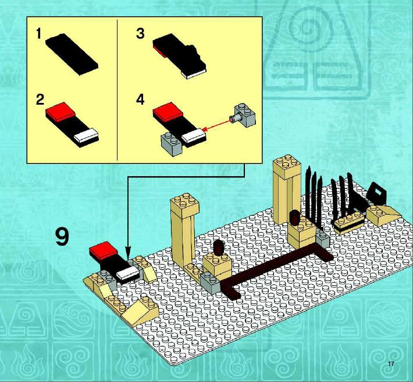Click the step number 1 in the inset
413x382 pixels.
coord(39,34)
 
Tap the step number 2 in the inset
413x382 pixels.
coord(40,100)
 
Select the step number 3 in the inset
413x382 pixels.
coord(140,34)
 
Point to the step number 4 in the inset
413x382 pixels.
coord(140,100)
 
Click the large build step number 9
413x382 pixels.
coord(62,237)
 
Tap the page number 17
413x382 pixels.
coord(391,364)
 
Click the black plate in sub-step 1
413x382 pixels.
coord(72,54)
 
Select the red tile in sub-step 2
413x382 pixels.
coord(60,112)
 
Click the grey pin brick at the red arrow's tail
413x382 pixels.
coord(243,115)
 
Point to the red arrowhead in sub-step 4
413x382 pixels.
coord(205,129)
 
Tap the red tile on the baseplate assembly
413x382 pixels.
coord(104,250)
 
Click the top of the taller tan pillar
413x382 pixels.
coord(287,163)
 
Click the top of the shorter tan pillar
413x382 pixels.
coord(185,202)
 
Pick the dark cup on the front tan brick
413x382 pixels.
coord(219,248)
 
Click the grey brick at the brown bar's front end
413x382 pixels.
coord(210,283)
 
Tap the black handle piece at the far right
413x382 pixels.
coord(377,194)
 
